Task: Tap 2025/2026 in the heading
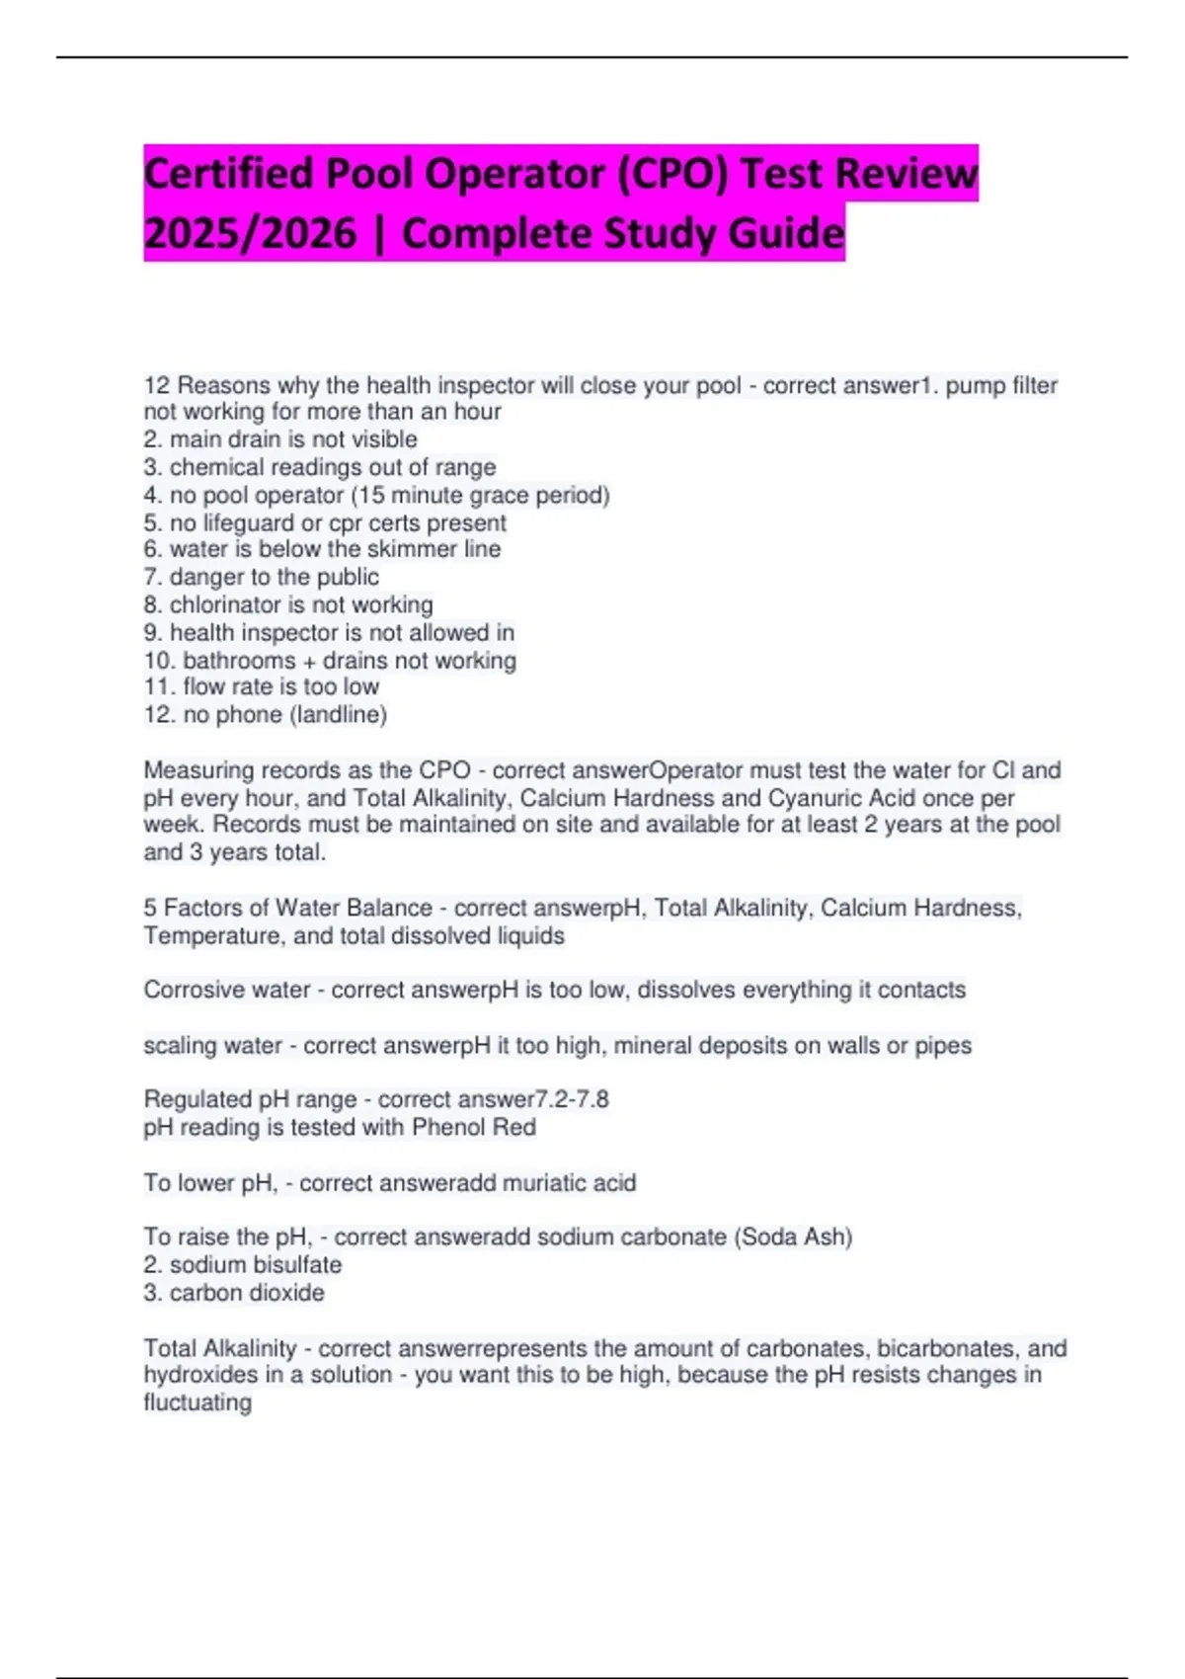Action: point(250,234)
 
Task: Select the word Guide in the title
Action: point(787,234)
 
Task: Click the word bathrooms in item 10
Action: point(239,660)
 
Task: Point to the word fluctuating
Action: point(197,1402)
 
